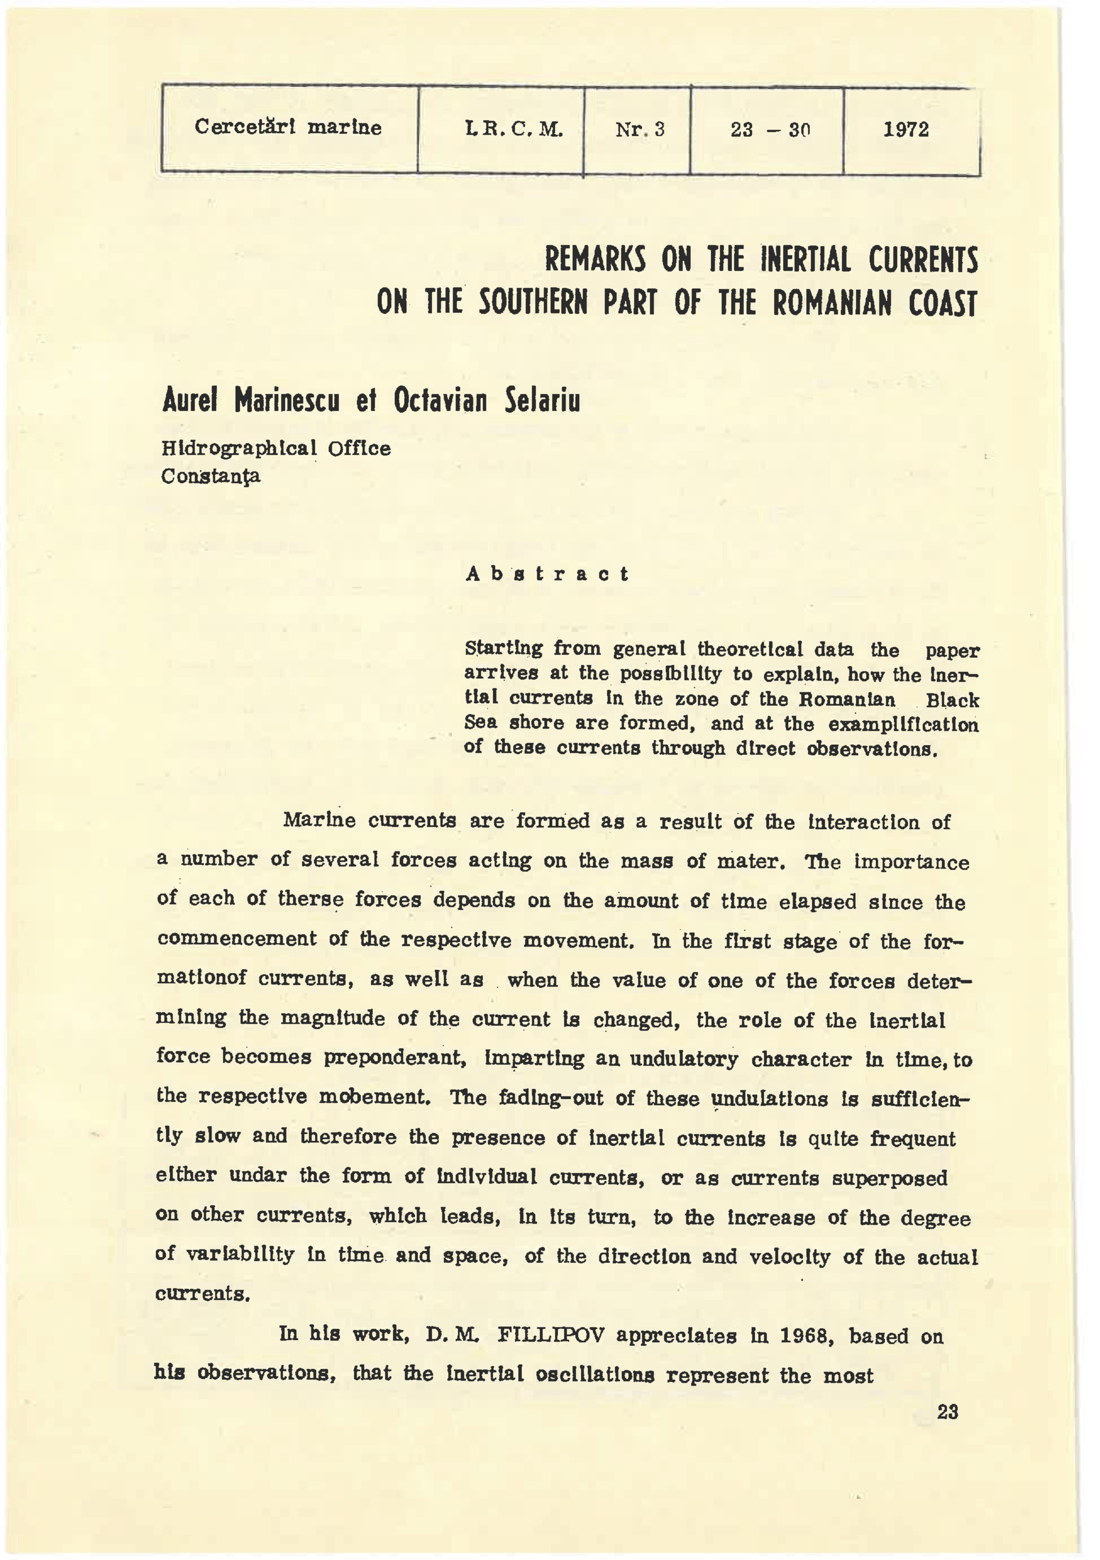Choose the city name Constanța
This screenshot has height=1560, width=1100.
[x=211, y=476]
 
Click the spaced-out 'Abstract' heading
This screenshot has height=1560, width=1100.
[x=547, y=574]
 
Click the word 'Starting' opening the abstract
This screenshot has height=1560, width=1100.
[x=504, y=649]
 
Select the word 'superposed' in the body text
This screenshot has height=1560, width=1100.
[x=889, y=1178]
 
